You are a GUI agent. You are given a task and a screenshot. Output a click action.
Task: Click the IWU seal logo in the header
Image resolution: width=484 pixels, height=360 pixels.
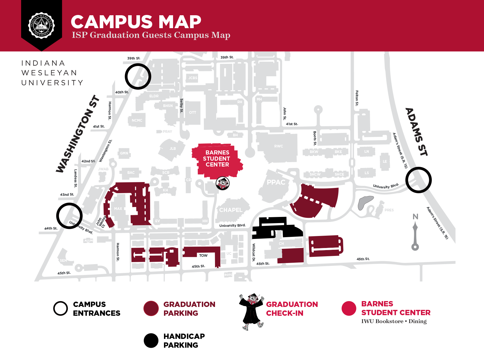pos(41,25)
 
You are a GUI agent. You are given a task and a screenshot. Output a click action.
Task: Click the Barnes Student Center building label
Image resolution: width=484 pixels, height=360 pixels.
pos(217,159)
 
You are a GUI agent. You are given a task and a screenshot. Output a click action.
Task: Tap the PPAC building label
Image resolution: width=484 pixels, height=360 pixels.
pos(276,182)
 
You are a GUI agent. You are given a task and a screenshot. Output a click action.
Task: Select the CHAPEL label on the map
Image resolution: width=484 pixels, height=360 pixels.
pos(231,210)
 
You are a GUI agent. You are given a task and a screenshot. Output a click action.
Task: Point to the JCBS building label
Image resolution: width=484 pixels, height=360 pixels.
pos(193,78)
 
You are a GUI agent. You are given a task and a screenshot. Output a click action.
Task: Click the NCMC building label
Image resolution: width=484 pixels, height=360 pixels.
pos(137,120)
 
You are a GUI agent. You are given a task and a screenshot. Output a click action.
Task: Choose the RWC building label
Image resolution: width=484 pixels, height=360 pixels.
pos(278,146)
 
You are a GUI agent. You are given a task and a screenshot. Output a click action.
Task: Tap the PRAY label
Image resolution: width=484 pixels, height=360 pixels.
pos(167,132)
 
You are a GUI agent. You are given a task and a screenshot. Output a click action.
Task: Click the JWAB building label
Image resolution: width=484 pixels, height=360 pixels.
pos(103,169)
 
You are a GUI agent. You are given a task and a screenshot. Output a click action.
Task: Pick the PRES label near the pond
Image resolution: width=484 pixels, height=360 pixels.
pos(389,210)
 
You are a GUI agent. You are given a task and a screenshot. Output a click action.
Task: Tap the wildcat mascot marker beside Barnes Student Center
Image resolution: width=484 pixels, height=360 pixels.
pos(222,184)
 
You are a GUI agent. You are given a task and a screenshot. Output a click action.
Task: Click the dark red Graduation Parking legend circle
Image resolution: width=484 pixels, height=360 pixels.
pos(151,308)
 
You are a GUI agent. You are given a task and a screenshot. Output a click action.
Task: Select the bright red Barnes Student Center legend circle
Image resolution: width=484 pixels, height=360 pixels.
pos(349,308)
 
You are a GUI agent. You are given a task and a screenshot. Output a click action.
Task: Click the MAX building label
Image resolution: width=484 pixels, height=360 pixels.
pos(118,209)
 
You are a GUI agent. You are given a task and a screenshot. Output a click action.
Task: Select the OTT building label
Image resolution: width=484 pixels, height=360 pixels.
pos(192,113)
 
